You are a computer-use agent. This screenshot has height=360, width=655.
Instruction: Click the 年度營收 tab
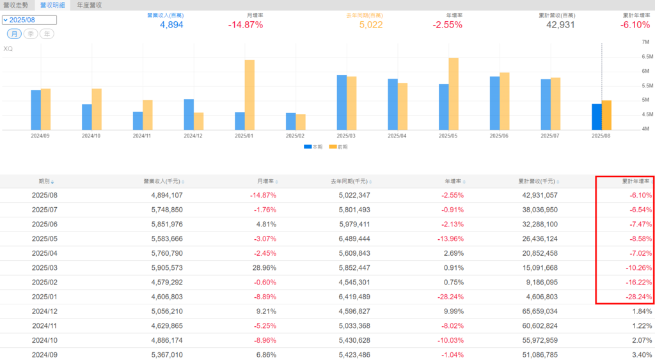[x=90, y=4]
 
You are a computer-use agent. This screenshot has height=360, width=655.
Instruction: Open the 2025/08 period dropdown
[x=29, y=20]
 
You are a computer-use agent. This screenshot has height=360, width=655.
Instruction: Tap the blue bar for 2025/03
[x=342, y=102]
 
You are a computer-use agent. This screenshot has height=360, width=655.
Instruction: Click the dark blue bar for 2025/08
[x=597, y=117]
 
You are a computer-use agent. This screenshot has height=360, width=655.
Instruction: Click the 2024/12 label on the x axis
[x=193, y=136]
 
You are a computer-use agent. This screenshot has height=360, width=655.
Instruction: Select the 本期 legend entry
[x=312, y=147]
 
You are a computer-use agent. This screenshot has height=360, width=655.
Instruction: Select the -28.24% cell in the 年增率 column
[x=450, y=297]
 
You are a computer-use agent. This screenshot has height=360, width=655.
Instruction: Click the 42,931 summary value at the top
[x=560, y=25]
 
